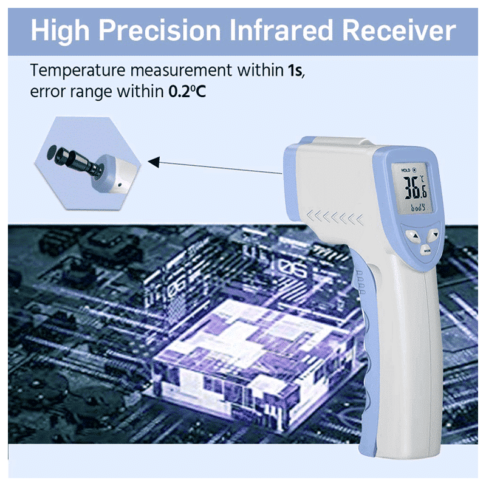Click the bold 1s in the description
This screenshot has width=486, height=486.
[294, 70]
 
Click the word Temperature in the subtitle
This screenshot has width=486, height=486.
[69, 70]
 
